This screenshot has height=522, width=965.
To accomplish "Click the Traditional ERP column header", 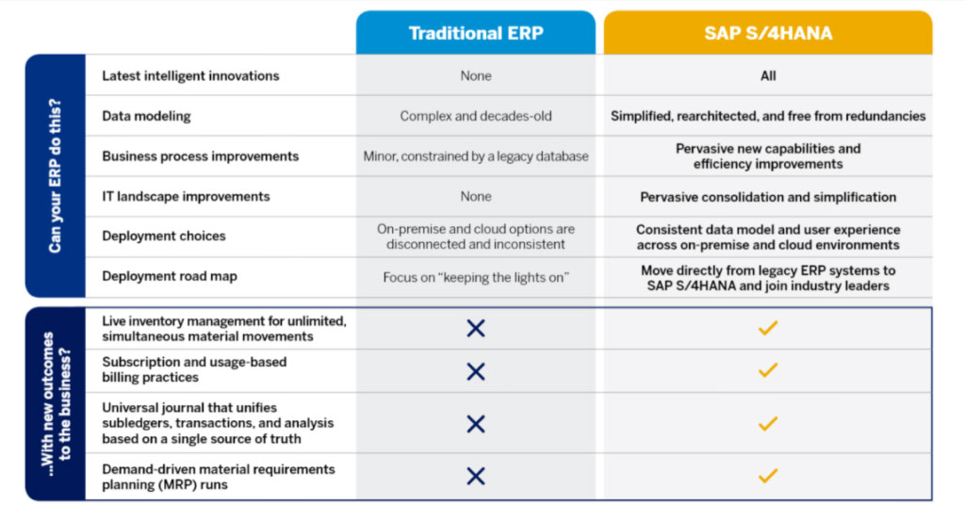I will [475, 33].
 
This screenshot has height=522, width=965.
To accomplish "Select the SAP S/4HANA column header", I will [768, 33].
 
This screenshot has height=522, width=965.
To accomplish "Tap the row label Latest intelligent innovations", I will [190, 75].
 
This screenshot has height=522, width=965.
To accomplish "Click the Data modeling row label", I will [146, 116].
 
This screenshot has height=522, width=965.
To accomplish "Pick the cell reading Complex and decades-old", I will [476, 116].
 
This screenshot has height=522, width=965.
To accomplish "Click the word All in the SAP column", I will [768, 75].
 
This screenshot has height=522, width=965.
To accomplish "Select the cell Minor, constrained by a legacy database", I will [476, 156].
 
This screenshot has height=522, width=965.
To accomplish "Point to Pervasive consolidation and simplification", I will [768, 197].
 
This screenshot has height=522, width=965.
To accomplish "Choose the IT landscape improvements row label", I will [186, 197].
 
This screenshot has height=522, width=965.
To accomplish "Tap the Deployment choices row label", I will [164, 237].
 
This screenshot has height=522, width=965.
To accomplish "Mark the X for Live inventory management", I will [476, 328].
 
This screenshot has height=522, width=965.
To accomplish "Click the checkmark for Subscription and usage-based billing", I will [768, 371].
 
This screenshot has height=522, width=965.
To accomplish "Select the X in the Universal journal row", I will [476, 424].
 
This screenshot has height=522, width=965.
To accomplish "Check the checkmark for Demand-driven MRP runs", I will [768, 476].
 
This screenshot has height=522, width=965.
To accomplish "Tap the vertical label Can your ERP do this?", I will [55, 176].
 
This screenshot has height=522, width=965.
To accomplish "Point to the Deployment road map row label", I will [170, 277].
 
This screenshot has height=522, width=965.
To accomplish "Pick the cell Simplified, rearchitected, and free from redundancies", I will [768, 116].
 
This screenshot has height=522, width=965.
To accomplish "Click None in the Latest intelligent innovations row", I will [476, 75].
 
